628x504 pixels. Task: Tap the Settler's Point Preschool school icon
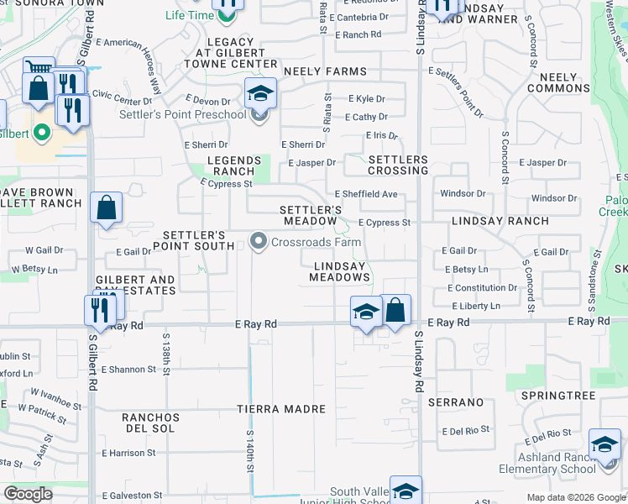[260, 94]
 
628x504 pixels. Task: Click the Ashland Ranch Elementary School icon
[604, 446]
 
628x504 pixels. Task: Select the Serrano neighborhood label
[456, 402]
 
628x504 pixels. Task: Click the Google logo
[28, 494]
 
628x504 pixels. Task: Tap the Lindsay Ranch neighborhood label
[500, 221]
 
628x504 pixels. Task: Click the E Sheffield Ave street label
[366, 195]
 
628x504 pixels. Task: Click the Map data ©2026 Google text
[576, 497]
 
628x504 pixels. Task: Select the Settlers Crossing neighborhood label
[398, 165]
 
